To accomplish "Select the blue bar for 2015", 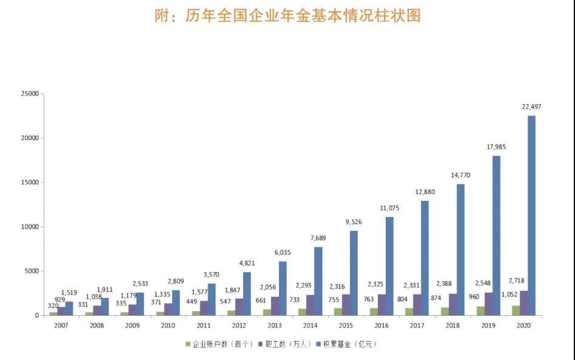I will point(354,273).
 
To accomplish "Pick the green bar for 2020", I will point(516,310).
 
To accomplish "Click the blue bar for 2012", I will point(247,293).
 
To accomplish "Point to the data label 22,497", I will point(532,107).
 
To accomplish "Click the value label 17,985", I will point(496,147).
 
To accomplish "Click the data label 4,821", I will point(247,264).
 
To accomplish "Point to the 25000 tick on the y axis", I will point(29,94).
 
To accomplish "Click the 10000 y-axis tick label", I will point(29,227).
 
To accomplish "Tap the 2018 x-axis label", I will point(453,325).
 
